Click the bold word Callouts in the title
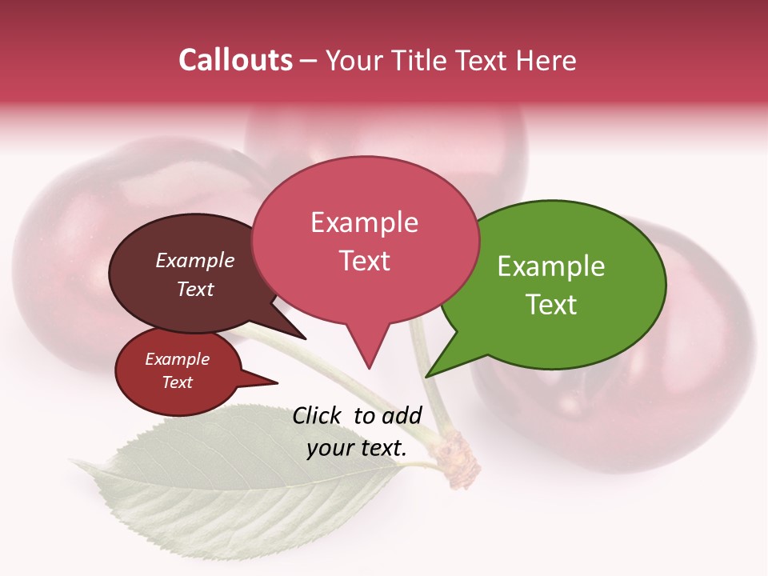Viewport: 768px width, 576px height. pos(235,60)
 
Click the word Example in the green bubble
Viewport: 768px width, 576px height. pos(551,266)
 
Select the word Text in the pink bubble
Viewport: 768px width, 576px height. pos(365,261)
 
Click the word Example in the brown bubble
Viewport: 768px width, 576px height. pos(195,260)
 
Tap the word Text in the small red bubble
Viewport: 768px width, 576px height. pos(178,382)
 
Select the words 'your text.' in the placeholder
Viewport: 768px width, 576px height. pos(357,448)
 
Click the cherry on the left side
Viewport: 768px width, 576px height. pos(64,256)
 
